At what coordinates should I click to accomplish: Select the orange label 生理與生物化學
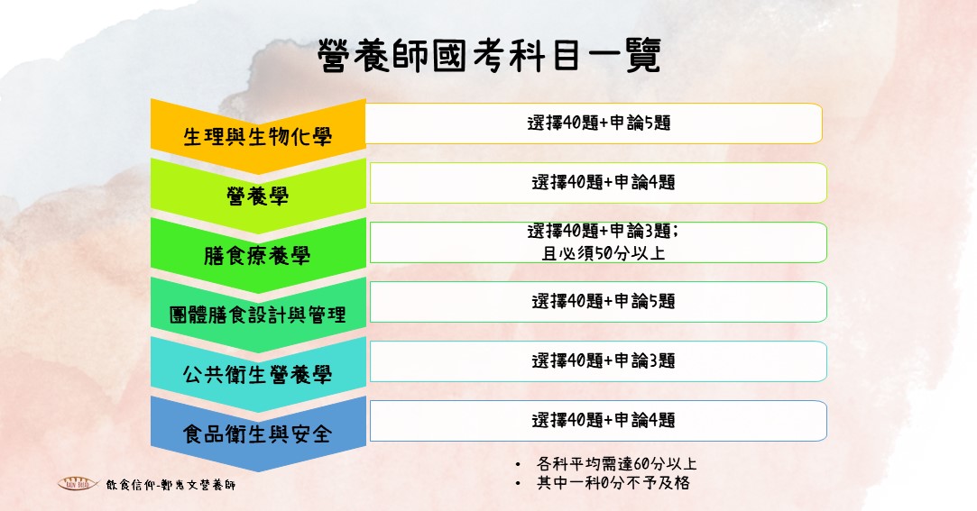[257, 136]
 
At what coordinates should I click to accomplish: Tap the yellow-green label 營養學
[257, 196]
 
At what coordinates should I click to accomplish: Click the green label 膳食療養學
[257, 255]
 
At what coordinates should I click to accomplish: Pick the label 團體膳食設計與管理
[257, 315]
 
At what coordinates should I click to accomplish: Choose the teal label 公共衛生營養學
[257, 374]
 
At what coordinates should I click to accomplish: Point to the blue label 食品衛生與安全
[257, 433]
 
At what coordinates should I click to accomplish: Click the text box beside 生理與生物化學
[594, 123]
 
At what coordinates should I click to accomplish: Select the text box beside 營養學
[598, 183]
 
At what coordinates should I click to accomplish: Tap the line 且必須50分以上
[604, 253]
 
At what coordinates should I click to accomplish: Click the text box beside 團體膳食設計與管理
[598, 302]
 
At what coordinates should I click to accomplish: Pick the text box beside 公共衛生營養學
[598, 361]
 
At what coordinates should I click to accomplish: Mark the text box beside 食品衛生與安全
[598, 421]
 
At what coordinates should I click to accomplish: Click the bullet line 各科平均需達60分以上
[617, 464]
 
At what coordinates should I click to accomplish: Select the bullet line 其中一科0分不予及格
[613, 483]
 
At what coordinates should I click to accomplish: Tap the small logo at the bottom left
[78, 484]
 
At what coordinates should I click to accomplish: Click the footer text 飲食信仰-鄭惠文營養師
[171, 484]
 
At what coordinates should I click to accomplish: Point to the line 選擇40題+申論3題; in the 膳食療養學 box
[604, 231]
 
